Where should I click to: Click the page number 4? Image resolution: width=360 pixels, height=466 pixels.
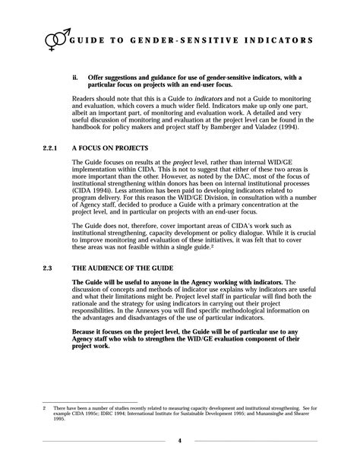(179, 441)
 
